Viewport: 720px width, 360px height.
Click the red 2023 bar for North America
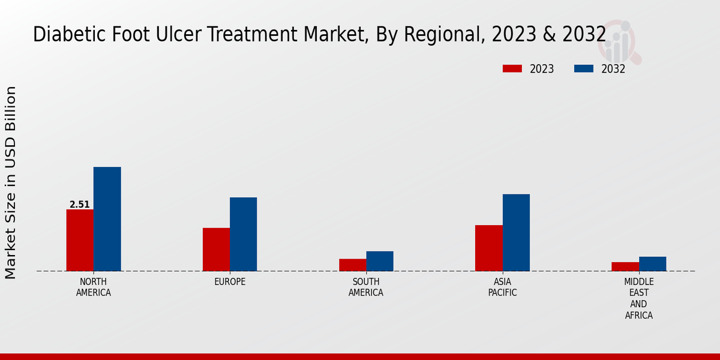pos(80,240)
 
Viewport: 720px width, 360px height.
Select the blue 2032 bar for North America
pos(107,219)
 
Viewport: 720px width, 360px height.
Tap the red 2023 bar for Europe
pos(216,250)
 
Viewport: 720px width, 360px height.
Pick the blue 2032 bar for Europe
pos(243,234)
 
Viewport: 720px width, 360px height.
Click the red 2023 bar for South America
pos(352,265)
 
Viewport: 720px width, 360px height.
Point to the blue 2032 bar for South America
pos(380,261)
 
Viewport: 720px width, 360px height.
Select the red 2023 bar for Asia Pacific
pos(488,248)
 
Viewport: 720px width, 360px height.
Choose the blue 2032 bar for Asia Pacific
pos(516,232)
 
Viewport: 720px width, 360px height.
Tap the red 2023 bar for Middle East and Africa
pos(625,266)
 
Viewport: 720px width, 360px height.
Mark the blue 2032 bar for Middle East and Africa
pos(652,264)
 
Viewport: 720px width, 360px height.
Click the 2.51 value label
pos(80,205)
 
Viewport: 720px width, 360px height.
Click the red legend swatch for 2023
pos(512,69)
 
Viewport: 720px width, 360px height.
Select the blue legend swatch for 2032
pos(584,69)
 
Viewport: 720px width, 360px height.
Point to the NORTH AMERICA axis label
pos(94,287)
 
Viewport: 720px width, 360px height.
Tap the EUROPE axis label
pos(230,282)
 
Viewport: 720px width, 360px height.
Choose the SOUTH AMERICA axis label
pos(366,287)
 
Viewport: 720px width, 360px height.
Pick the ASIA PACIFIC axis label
pos(502,287)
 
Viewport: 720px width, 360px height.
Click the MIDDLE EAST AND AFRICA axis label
pos(639,298)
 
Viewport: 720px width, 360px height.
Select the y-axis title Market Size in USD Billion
pos(11,182)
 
